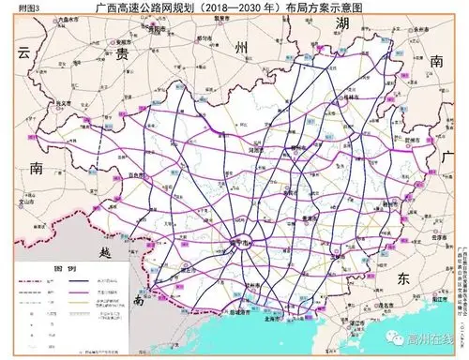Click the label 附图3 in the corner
(15, 7)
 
